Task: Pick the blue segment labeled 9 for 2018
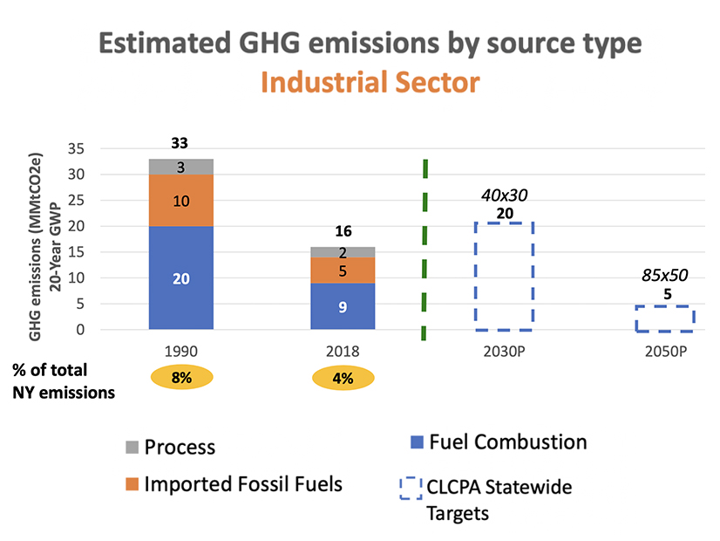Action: (343, 306)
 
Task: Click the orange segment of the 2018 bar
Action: (343, 270)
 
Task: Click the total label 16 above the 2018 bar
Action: (343, 231)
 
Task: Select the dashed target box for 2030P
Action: (503, 276)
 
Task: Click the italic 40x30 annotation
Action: (503, 196)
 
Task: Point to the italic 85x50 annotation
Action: (665, 276)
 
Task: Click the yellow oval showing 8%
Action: (183, 379)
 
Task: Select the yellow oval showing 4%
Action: (343, 379)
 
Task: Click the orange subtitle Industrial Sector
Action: (370, 83)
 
